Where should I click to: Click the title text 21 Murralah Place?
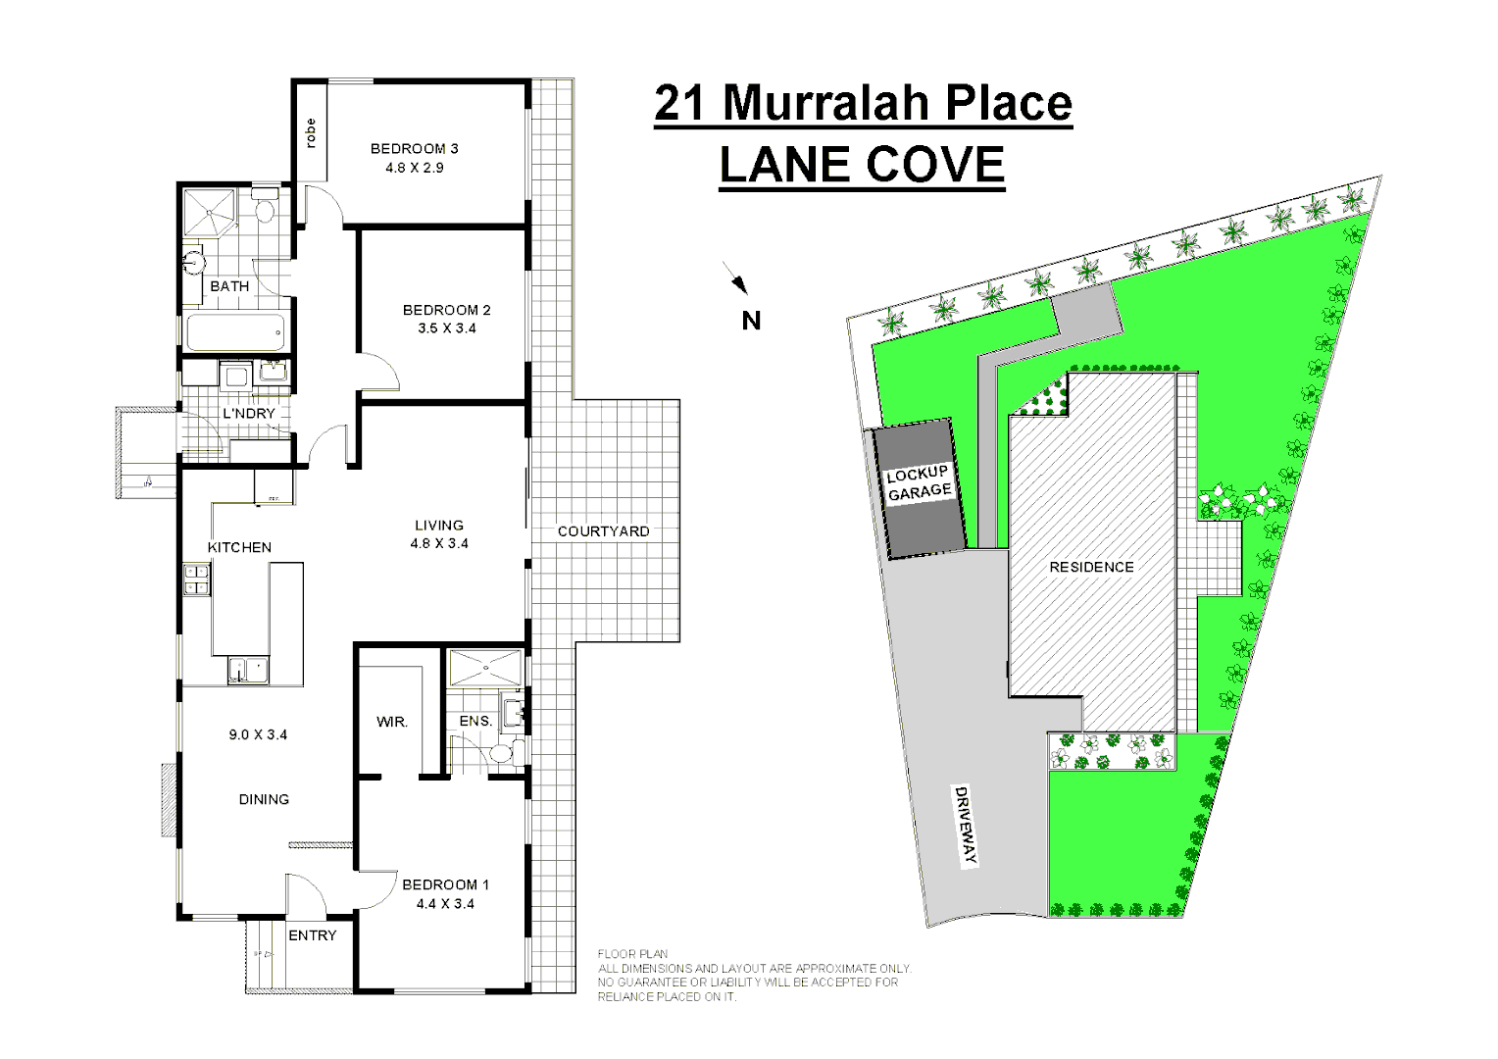[863, 103]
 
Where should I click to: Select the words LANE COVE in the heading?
[862, 164]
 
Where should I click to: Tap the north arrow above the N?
[736, 278]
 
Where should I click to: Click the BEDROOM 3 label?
[414, 149]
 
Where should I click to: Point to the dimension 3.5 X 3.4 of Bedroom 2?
[446, 328]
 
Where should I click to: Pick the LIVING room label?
[438, 525]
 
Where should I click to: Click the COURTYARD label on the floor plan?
[603, 531]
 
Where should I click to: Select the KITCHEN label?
[239, 547]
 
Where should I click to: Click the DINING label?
[264, 799]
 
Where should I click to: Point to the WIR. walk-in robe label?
[392, 722]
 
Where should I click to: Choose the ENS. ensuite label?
[475, 722]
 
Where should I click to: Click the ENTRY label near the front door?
[312, 935]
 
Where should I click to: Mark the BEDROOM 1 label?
[445, 884]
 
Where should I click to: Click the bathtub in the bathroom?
[234, 332]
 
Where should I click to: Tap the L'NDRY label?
[248, 414]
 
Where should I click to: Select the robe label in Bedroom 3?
[311, 132]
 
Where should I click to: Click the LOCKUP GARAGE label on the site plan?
[919, 482]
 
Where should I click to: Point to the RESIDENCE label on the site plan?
[1091, 567]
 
